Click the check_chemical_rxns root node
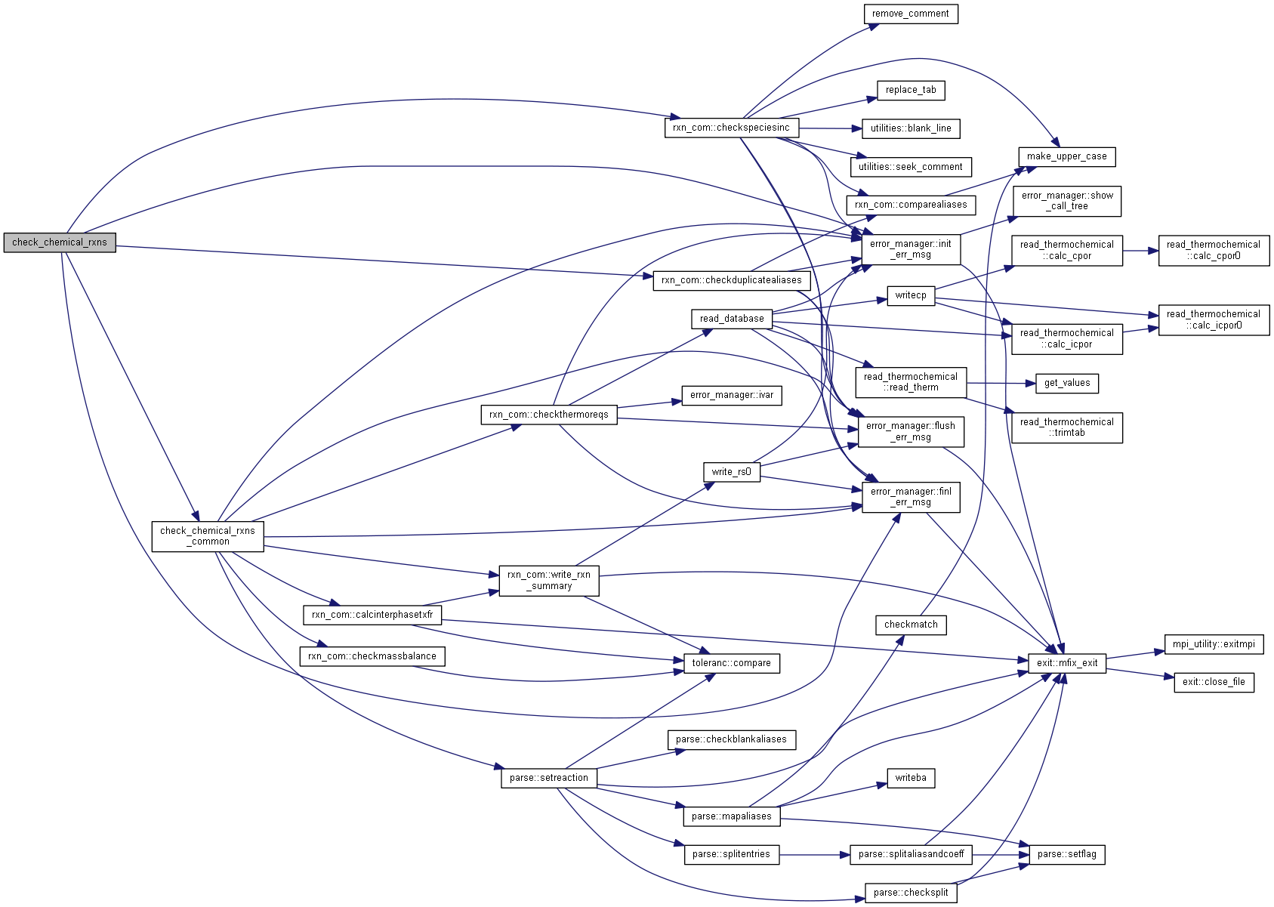[60, 242]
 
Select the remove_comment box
[911, 14]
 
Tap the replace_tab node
[911, 90]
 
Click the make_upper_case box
[1066, 156]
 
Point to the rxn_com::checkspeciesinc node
[731, 128]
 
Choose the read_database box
[732, 319]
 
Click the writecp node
[911, 295]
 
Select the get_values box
[1067, 383]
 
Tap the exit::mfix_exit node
[1067, 663]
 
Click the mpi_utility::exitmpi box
[1214, 644]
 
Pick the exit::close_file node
[1214, 682]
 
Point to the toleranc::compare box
[731, 663]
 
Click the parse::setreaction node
[548, 778]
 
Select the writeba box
[911, 778]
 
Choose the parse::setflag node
[1067, 854]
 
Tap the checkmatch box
[911, 625]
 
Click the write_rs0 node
[731, 472]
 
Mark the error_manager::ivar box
[732, 395]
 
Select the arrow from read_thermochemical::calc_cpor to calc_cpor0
[1140, 251]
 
